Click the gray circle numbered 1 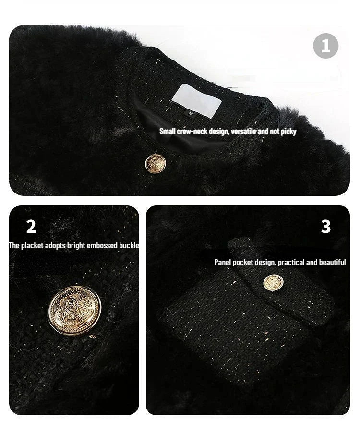(325, 46)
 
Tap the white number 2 (31, 227)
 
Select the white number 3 (326, 227)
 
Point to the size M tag (191, 113)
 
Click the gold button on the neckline (154, 163)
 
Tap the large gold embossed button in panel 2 (74, 310)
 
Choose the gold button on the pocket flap (273, 283)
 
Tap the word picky (288, 132)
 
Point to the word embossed (101, 246)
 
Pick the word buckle (129, 246)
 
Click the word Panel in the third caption (222, 262)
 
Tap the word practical (291, 262)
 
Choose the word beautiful (332, 262)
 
